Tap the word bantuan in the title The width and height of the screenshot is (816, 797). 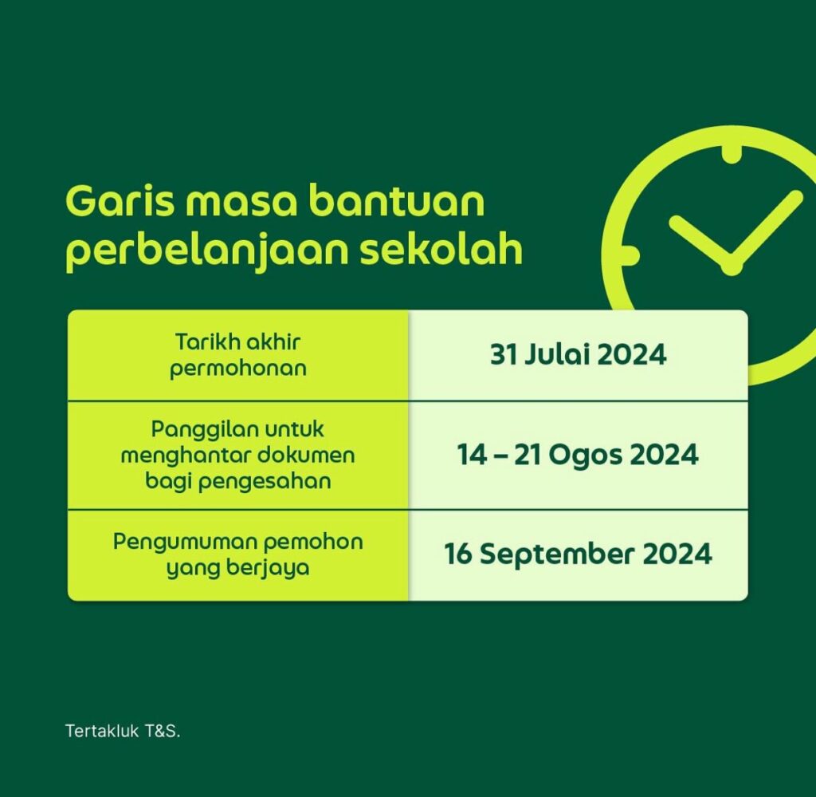[397, 200]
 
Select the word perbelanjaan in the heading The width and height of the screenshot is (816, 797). [208, 251]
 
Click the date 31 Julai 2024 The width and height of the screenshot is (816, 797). [579, 355]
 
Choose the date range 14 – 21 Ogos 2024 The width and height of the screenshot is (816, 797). [578, 455]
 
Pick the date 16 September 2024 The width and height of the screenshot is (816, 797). [578, 554]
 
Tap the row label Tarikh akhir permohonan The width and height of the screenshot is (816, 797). [238, 355]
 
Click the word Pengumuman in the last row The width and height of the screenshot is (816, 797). [184, 543]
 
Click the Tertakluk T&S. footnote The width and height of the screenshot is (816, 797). [123, 731]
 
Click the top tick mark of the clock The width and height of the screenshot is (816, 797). [732, 154]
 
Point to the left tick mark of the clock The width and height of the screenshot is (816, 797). [630, 254]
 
